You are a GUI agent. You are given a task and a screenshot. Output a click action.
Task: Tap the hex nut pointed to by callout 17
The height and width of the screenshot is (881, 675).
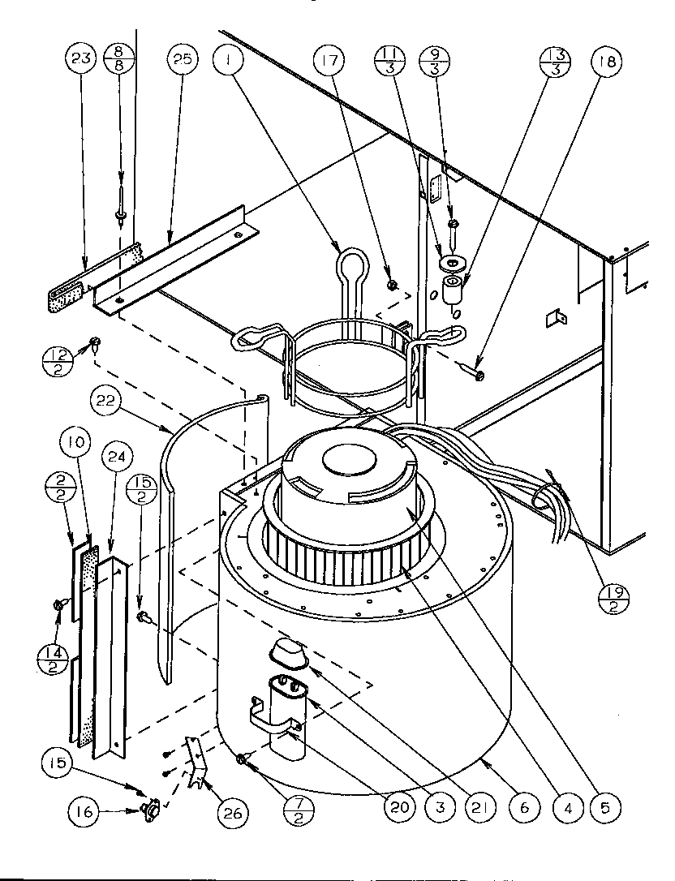(x=390, y=286)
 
